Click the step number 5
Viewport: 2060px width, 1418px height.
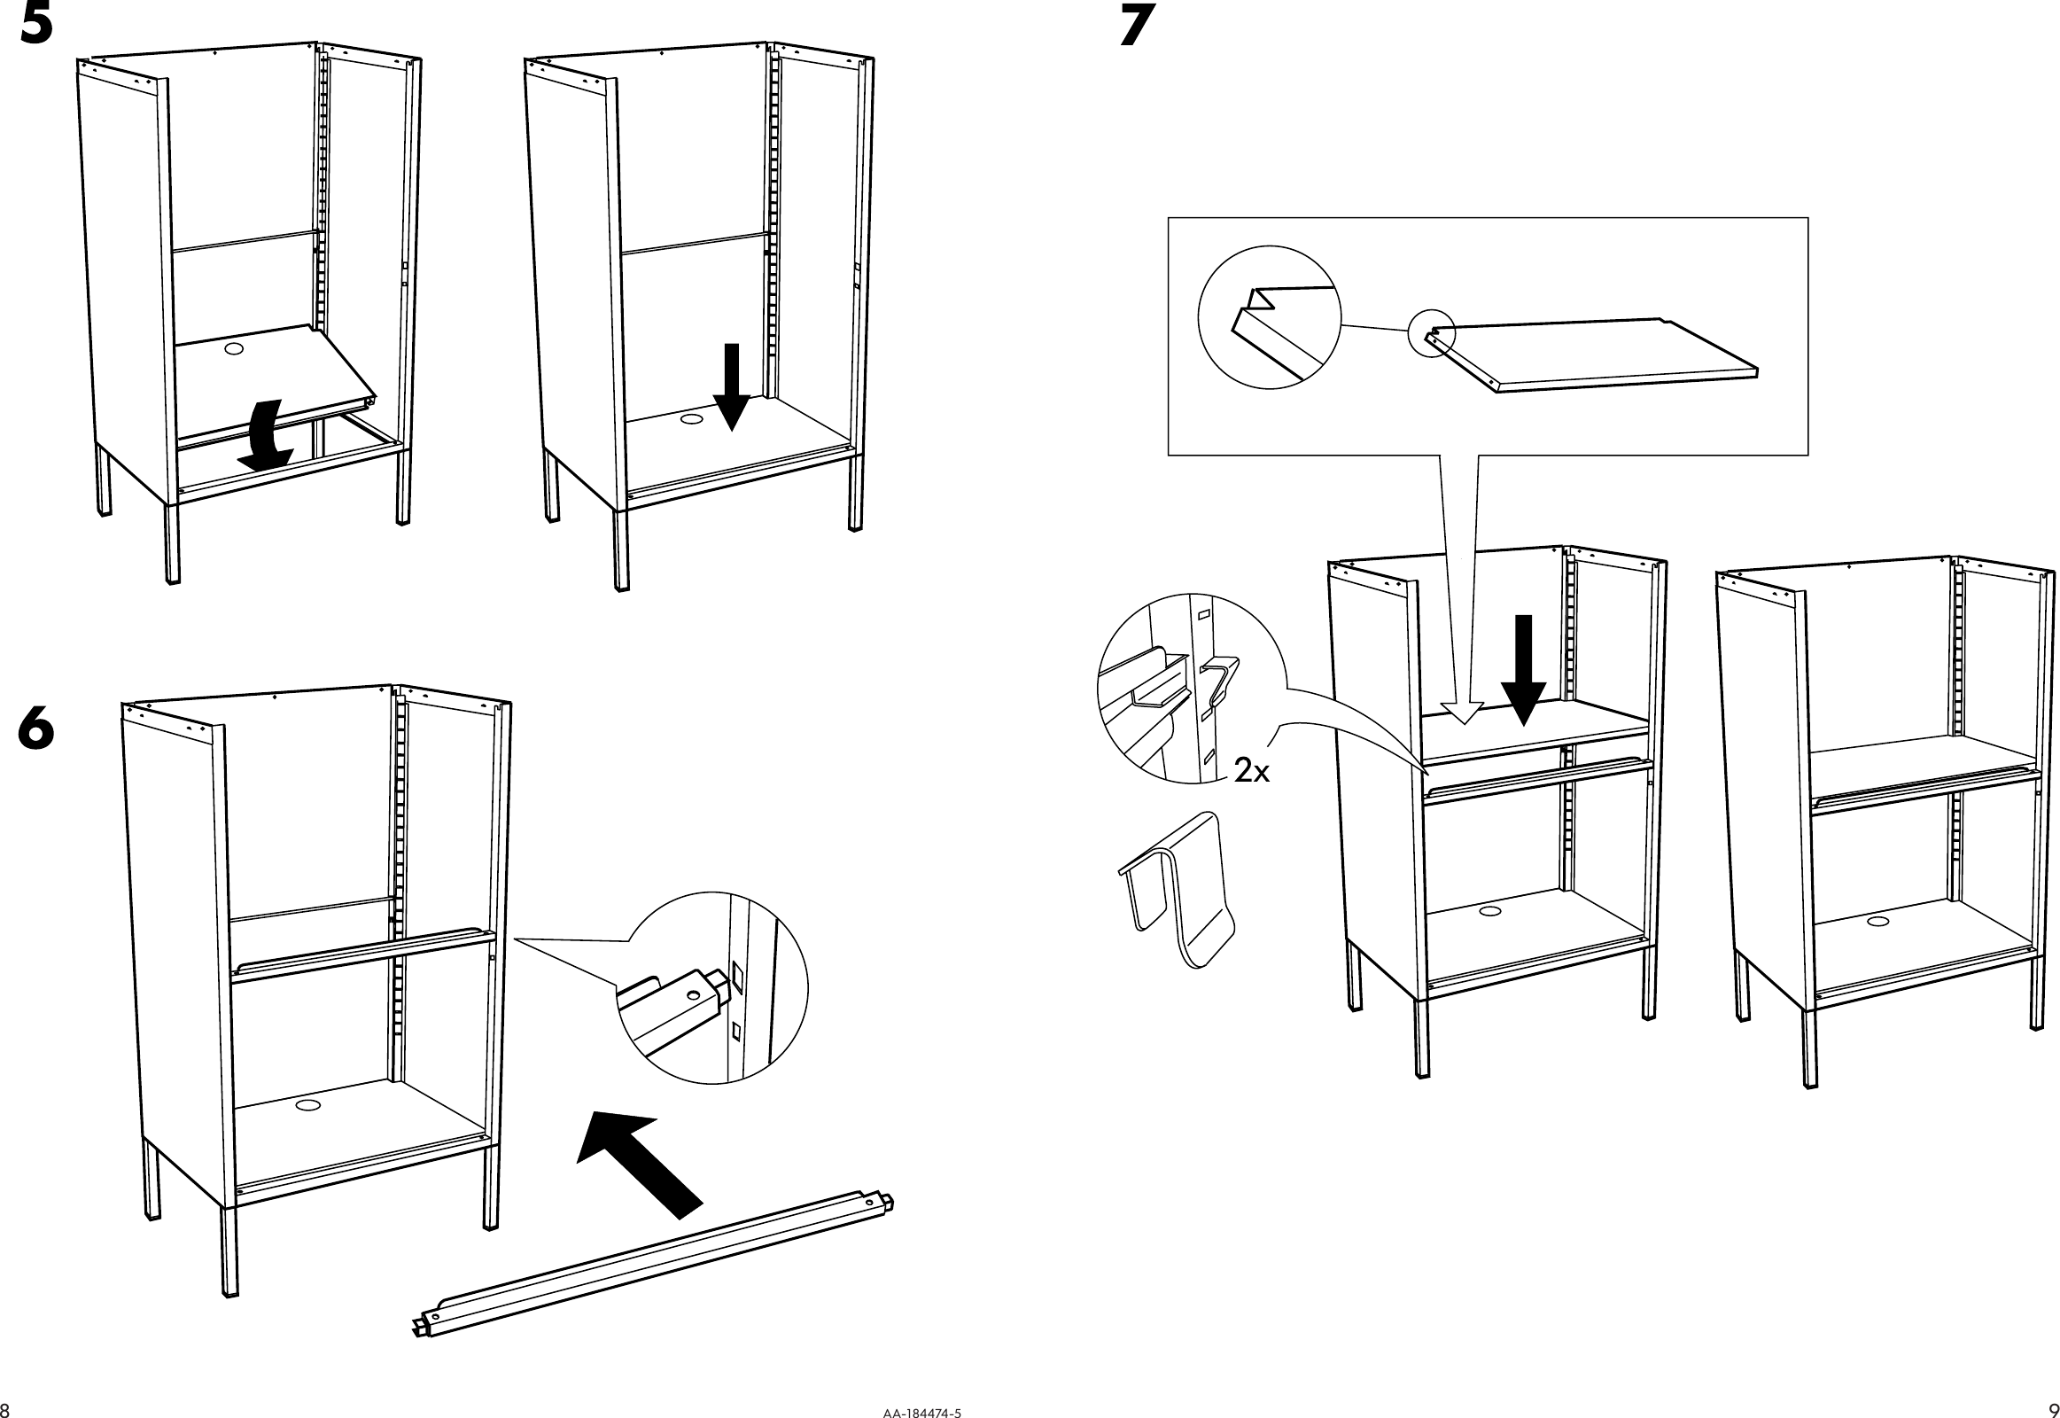[36, 27]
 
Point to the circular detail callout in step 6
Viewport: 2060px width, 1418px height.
[711, 988]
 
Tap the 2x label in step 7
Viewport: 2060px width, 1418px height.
[1252, 772]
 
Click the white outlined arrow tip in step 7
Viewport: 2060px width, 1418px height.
[1461, 712]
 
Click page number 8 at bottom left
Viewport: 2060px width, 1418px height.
[5, 1410]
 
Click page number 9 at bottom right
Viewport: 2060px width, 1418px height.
[2053, 1410]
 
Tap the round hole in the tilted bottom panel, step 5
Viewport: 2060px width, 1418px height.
[234, 349]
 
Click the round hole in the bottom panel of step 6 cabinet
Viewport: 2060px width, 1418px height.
[308, 1105]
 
